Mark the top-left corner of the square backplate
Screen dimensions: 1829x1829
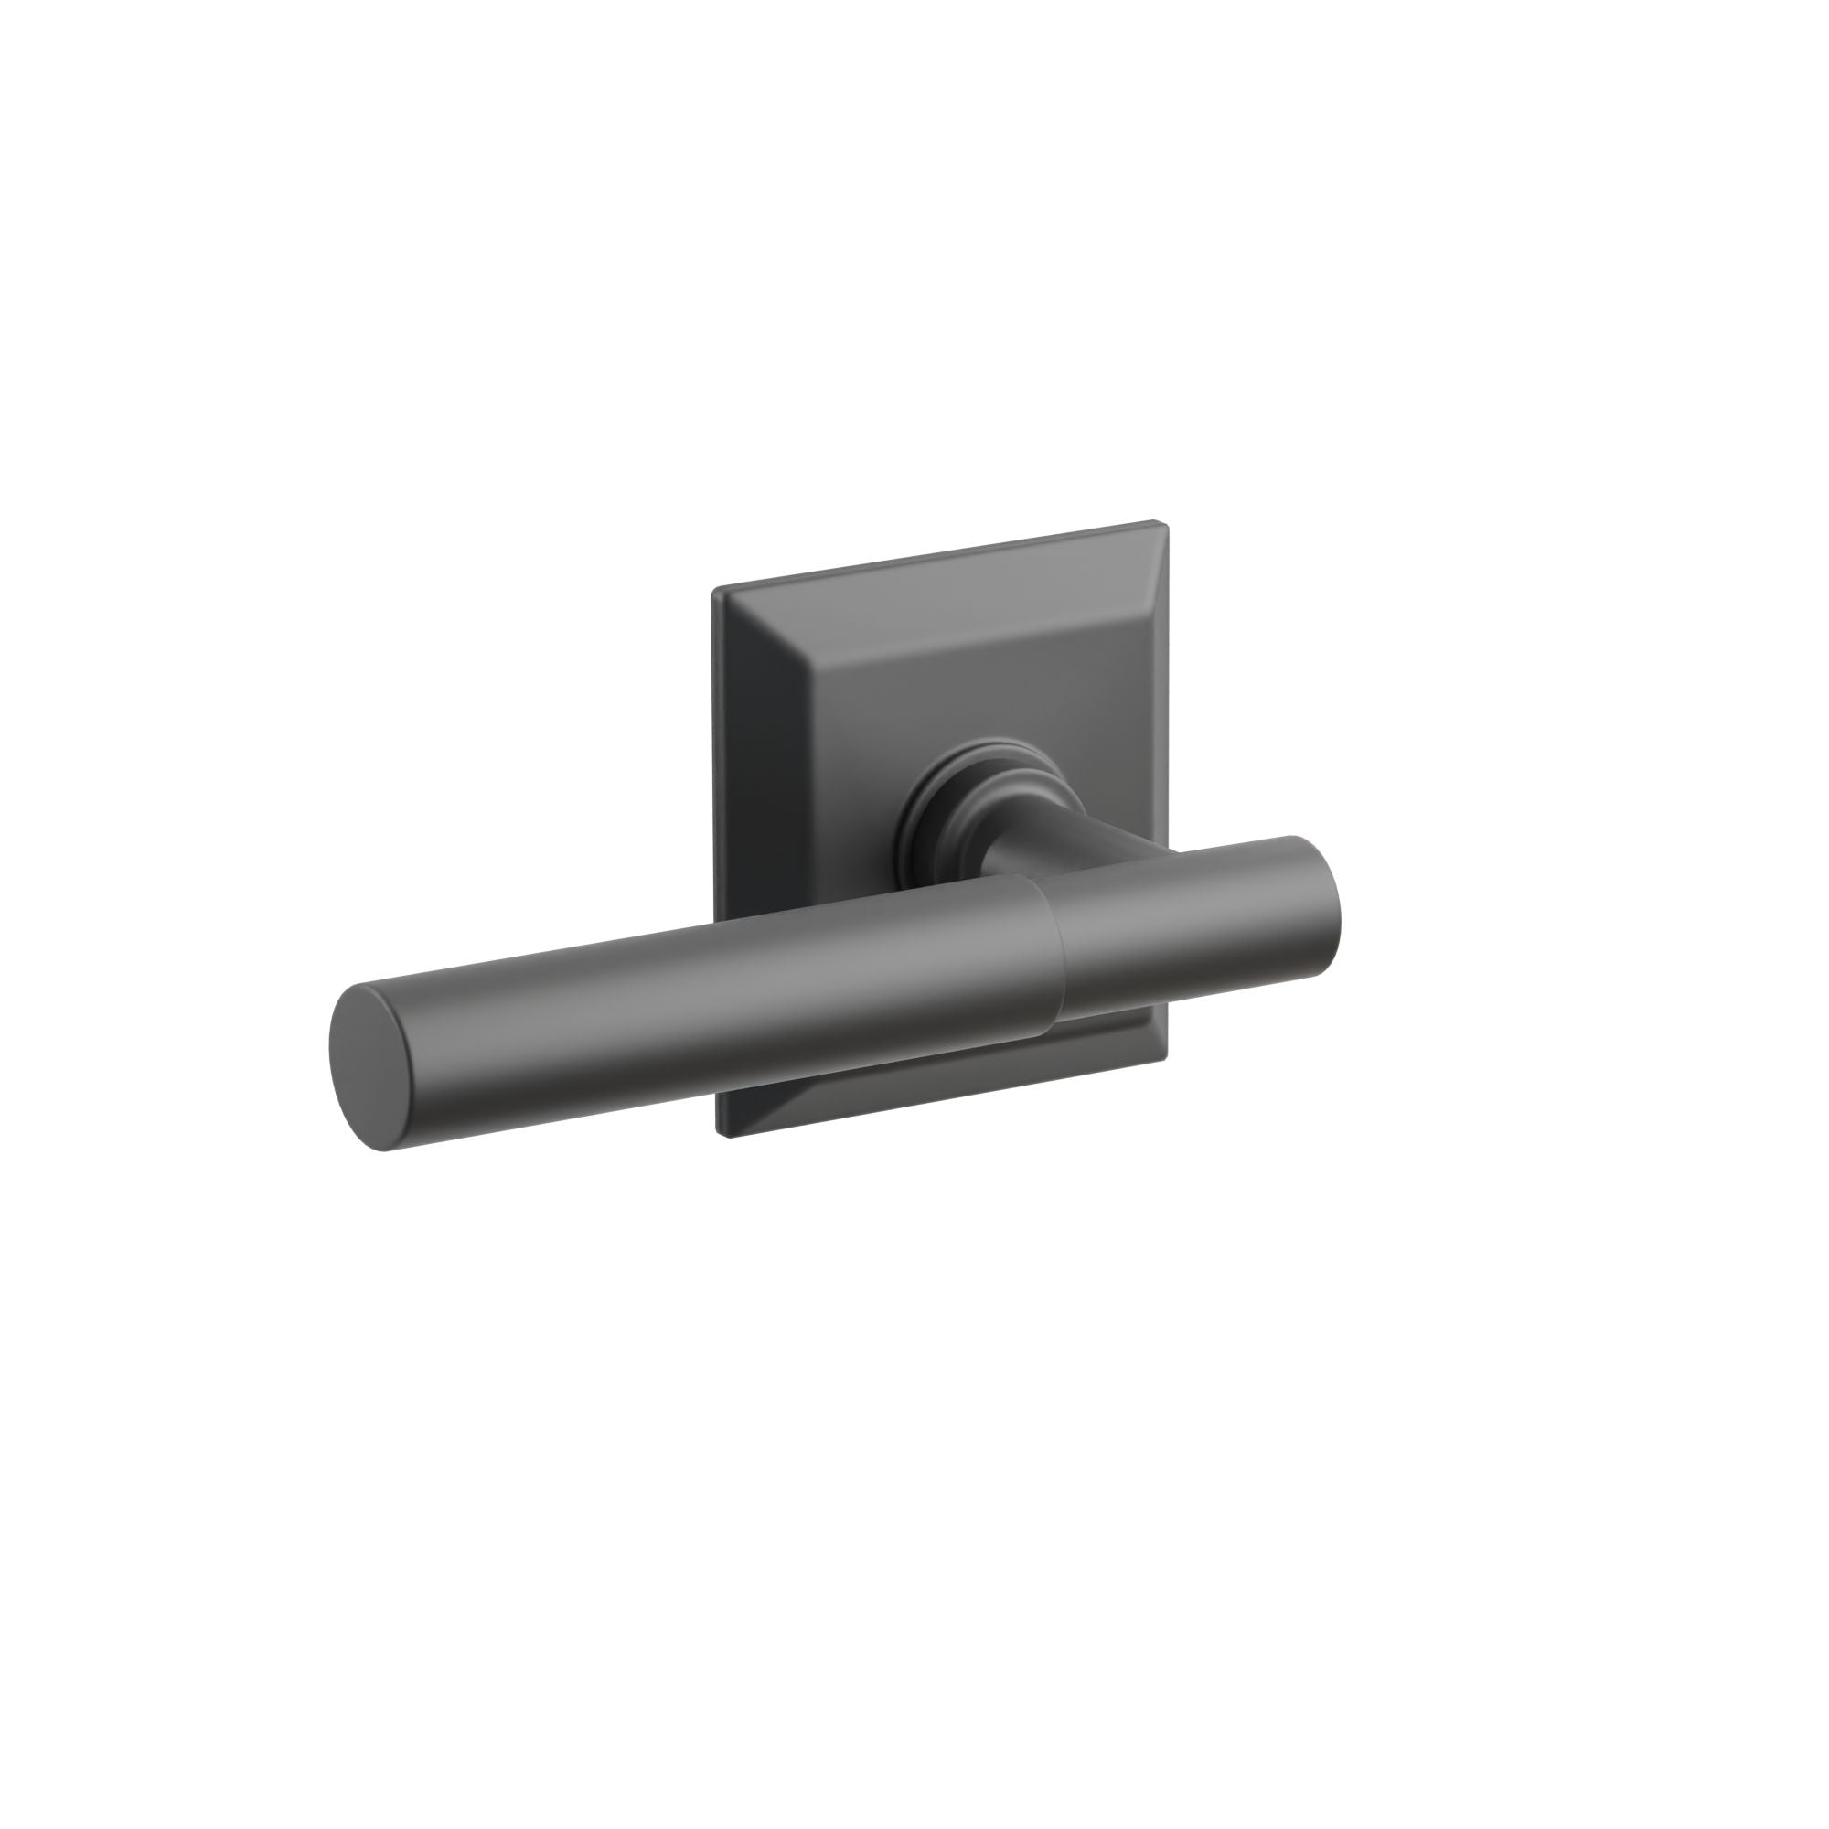716,591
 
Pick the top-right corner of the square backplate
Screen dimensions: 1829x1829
1161,522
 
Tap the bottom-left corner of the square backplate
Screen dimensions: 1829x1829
723,1133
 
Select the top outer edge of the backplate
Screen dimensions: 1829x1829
937,557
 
